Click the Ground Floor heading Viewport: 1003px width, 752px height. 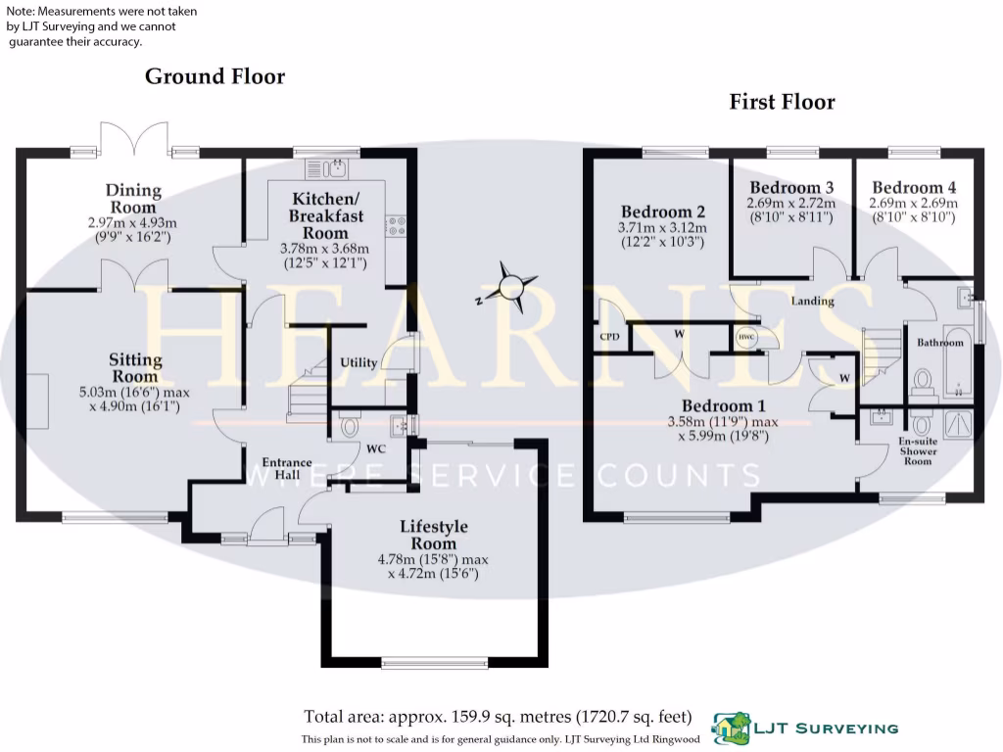[x=215, y=76]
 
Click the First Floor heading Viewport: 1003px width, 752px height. [x=782, y=102]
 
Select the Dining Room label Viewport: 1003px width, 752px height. [x=133, y=199]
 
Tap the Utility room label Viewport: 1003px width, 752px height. [x=358, y=362]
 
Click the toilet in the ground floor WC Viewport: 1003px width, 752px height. [x=351, y=426]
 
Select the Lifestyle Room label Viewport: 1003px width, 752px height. [x=433, y=535]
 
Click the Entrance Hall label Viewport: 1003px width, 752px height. [x=286, y=468]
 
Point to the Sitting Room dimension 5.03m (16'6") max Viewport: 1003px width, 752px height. [x=134, y=392]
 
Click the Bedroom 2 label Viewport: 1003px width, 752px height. [x=663, y=211]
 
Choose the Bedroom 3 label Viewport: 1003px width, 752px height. [x=791, y=187]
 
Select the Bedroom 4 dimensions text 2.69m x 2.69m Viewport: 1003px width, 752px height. [x=913, y=204]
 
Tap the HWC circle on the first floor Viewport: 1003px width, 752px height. [x=745, y=338]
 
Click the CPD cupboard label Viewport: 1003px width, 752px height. [x=609, y=336]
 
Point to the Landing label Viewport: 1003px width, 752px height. [x=812, y=301]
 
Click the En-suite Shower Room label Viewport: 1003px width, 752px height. [x=918, y=451]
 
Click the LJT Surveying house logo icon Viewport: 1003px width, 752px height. [x=729, y=728]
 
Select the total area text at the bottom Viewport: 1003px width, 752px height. [x=498, y=716]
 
